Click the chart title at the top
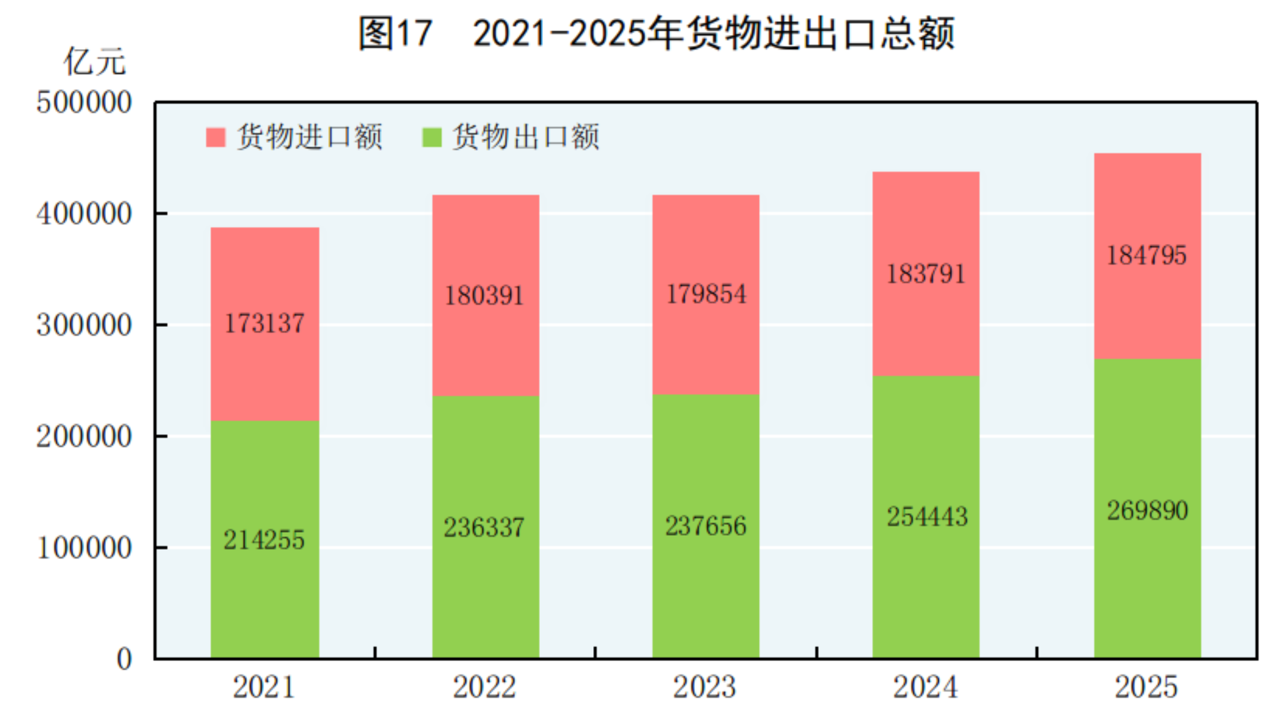pyautogui.click(x=656, y=33)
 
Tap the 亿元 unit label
pyautogui.click(x=94, y=62)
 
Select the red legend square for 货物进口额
pyautogui.click(x=215, y=137)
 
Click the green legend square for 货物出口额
pyautogui.click(x=432, y=137)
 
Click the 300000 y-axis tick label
pyautogui.click(x=84, y=325)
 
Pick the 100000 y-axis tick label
pyautogui.click(x=84, y=548)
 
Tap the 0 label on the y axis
pyautogui.click(x=124, y=659)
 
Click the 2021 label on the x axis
pyautogui.click(x=264, y=687)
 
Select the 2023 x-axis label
pyautogui.click(x=705, y=687)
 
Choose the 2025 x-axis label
pyautogui.click(x=1146, y=687)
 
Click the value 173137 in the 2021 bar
pyautogui.click(x=264, y=323)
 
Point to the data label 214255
pyautogui.click(x=264, y=540)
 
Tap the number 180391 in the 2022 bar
pyautogui.click(x=484, y=296)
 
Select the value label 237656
pyautogui.click(x=706, y=526)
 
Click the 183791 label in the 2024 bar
pyautogui.click(x=926, y=274)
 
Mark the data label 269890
pyautogui.click(x=1148, y=511)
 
